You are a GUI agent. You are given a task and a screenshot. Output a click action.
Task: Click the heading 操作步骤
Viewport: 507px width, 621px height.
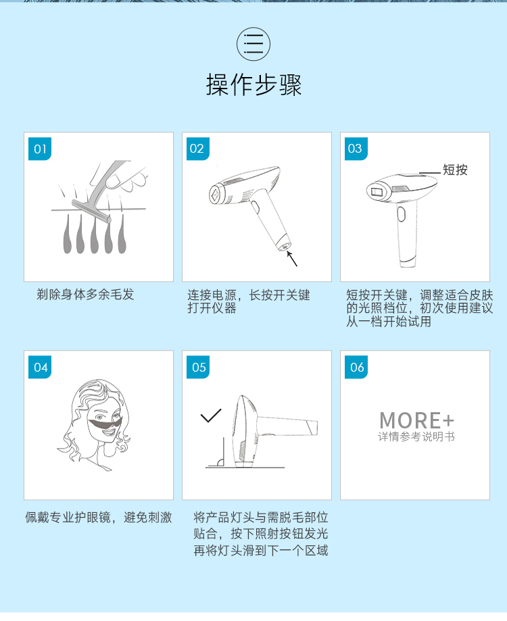(x=254, y=85)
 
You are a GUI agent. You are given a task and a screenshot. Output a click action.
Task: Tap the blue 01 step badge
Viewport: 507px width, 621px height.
(x=41, y=149)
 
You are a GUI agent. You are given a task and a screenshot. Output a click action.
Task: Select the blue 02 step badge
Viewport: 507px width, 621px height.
(x=197, y=149)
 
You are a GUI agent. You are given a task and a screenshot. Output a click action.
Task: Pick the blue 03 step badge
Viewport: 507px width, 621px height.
(x=355, y=149)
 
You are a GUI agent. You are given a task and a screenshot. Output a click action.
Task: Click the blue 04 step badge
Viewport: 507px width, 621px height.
(x=41, y=367)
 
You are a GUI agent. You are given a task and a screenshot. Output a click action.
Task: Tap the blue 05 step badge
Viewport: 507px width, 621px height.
(x=199, y=367)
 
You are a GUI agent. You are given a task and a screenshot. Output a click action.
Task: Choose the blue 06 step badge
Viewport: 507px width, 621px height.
(x=357, y=367)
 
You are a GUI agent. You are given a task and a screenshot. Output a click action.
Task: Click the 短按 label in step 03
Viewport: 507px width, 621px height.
(x=455, y=170)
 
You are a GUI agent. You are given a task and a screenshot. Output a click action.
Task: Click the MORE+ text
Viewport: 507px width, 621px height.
(x=416, y=420)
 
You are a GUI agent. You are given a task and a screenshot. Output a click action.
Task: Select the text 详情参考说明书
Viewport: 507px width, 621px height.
(x=416, y=437)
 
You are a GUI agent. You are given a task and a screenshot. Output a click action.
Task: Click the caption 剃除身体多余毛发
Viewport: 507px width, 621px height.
(x=85, y=295)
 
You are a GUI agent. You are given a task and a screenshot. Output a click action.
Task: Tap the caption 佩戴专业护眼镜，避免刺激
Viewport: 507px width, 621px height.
(x=99, y=518)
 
